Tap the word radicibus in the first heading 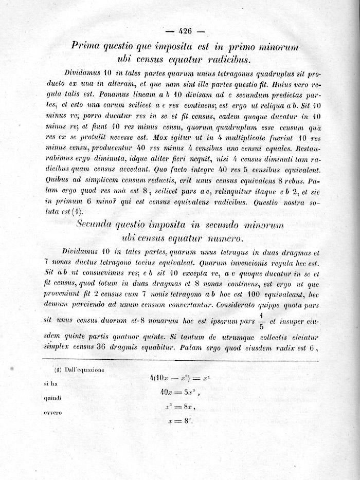click(x=226, y=60)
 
